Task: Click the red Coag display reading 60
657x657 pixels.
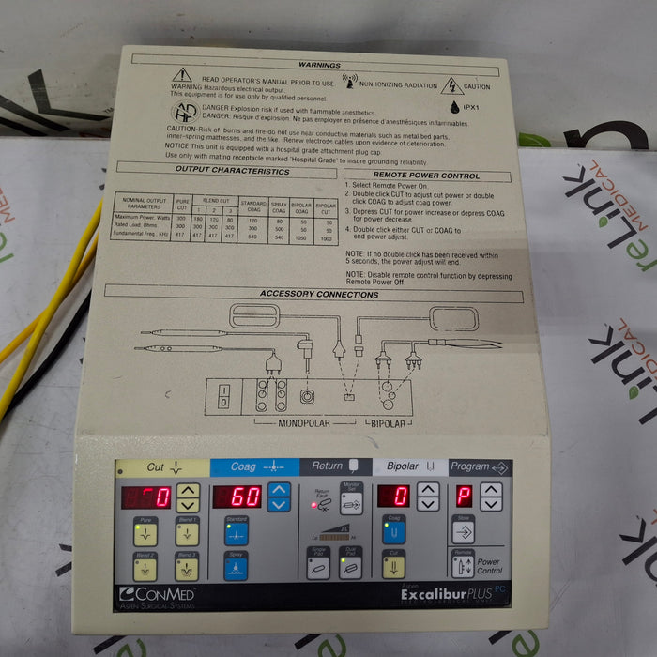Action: tap(237, 497)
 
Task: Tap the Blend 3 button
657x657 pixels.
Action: tap(186, 566)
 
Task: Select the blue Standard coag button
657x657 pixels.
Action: tap(236, 531)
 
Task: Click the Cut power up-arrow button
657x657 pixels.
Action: tap(188, 490)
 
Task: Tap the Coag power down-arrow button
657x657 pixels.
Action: tap(279, 504)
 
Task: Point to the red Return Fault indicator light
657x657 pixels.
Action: tap(314, 504)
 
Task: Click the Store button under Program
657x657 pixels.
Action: tap(463, 530)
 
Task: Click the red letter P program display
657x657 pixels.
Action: tap(465, 496)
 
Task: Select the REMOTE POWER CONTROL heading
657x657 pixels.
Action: tap(426, 176)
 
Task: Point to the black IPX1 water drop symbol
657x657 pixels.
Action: tap(454, 108)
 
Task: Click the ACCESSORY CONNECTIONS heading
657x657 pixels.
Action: tap(319, 294)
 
